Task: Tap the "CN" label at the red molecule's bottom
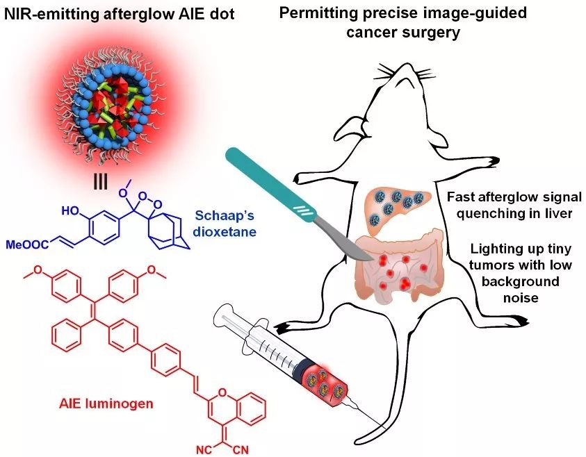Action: [x=242, y=448]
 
